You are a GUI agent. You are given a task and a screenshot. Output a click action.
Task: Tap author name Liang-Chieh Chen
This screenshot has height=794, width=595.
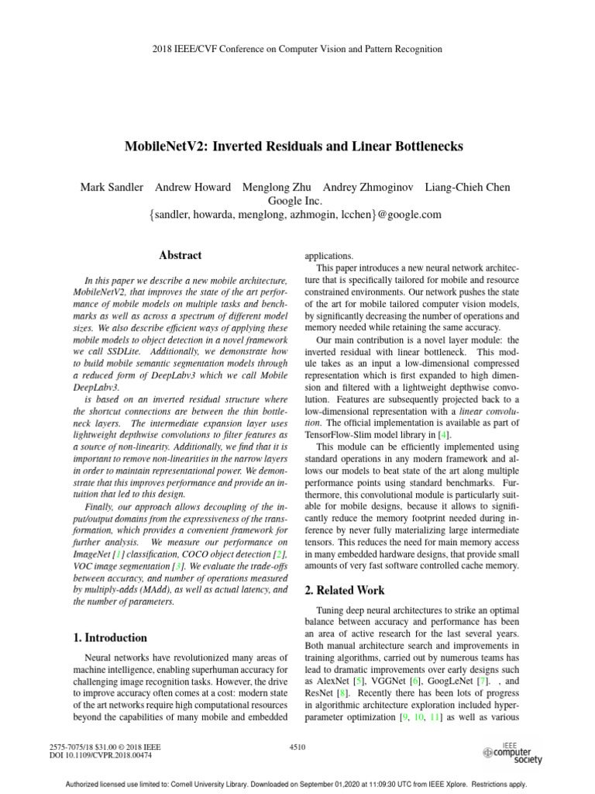coord(467,188)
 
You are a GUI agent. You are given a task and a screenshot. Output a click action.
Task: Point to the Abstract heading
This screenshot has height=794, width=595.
coord(180,255)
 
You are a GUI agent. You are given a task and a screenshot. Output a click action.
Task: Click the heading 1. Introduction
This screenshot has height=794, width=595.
coord(108,637)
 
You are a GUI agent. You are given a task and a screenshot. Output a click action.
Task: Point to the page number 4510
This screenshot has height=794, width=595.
coord(297,746)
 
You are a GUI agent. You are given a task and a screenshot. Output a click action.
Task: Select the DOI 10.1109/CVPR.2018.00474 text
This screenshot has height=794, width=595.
coord(101,754)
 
